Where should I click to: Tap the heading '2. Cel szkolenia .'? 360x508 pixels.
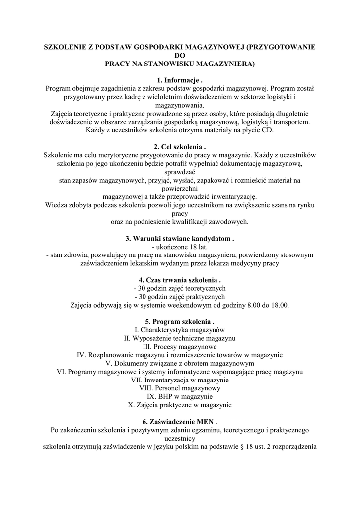(180, 147)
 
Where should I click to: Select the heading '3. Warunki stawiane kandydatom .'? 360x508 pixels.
(180, 239)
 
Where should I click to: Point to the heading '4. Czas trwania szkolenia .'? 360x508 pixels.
(180, 280)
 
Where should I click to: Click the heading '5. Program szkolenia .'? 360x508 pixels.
(180, 322)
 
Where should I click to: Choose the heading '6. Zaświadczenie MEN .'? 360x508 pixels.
(180, 422)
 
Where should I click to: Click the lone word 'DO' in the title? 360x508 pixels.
(180, 56)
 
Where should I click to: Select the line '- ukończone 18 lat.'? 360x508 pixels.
(180, 247)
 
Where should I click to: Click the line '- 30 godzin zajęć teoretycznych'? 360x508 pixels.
(180, 288)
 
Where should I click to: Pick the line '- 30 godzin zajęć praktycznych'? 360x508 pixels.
(180, 297)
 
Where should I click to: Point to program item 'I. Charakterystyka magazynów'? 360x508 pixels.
(180, 330)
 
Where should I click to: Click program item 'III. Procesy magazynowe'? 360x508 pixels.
(180, 347)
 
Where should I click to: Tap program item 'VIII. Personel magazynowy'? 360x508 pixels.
(180, 388)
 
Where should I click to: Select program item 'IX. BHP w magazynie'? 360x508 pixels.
(180, 397)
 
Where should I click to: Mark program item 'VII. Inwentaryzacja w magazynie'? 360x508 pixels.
(180, 380)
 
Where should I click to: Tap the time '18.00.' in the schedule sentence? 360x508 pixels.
(279, 305)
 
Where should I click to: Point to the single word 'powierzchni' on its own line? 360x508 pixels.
(180, 189)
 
